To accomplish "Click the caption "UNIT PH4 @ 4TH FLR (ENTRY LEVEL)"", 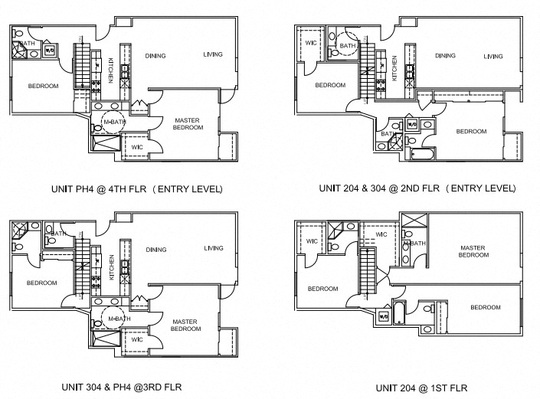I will (136, 188).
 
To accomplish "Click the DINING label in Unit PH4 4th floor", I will (156, 55).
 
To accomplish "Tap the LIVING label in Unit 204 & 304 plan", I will (493, 56).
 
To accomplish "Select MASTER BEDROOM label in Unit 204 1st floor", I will (473, 251).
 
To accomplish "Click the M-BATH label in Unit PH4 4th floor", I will (114, 122).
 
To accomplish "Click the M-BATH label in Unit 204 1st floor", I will (414, 244).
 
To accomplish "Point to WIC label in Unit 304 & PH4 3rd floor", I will (136, 339).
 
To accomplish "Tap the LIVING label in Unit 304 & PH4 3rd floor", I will (214, 248).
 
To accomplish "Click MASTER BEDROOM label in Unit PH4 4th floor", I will (188, 124).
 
